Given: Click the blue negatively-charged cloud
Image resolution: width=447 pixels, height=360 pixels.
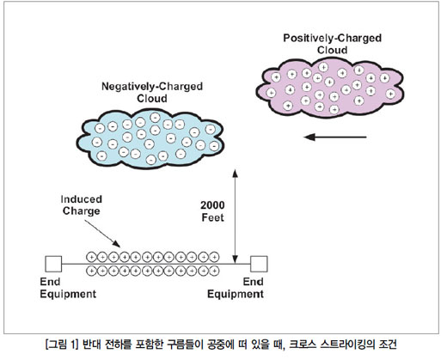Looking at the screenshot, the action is click(x=150, y=140).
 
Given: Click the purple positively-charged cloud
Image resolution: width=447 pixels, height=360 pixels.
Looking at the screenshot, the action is click(x=329, y=88).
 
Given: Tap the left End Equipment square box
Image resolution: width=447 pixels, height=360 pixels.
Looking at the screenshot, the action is click(x=53, y=264).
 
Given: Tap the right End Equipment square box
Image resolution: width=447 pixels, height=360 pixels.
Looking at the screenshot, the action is click(x=259, y=264).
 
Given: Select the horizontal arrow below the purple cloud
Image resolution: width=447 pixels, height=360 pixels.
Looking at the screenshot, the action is click(x=335, y=137).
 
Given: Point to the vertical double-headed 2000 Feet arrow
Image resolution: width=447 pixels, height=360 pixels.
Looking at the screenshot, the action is click(x=235, y=217).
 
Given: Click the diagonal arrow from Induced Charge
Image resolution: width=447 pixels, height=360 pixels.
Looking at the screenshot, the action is click(x=102, y=234).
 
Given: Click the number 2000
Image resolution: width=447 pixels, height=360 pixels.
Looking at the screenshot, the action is click(x=212, y=205).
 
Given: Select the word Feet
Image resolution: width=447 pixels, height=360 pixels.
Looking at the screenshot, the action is click(x=212, y=217).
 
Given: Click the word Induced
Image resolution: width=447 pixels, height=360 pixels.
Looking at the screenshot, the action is click(x=82, y=199).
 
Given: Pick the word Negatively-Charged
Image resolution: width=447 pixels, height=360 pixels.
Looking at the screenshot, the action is click(x=152, y=87).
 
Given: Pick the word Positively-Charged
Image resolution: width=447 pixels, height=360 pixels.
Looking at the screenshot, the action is click(x=333, y=39).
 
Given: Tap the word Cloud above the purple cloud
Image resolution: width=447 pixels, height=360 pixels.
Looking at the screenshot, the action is click(x=333, y=50).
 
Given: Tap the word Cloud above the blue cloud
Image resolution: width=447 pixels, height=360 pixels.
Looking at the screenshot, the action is click(x=152, y=99).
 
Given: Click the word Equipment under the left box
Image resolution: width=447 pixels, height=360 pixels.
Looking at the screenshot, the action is click(x=68, y=295).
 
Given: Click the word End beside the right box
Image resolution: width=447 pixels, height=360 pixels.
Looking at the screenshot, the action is click(x=253, y=282).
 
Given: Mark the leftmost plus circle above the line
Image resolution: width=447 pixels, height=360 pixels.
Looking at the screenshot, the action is click(x=91, y=257).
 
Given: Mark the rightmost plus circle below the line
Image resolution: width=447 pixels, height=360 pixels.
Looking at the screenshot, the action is click(x=214, y=271).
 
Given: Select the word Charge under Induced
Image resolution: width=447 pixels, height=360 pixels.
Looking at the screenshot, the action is click(x=82, y=211).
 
